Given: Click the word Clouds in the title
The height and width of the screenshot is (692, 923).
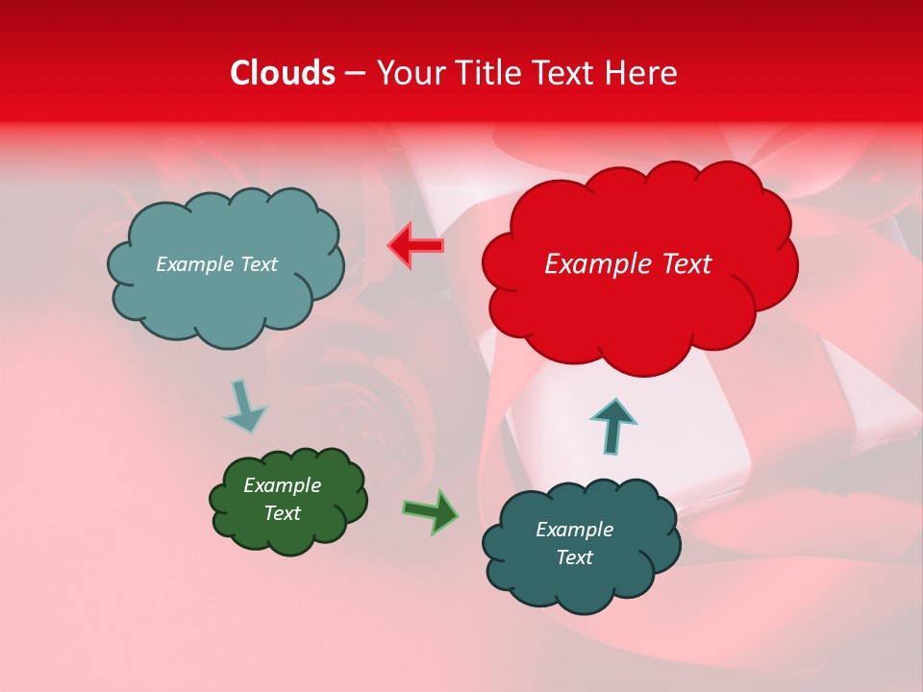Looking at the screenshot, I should pyautogui.click(x=283, y=73).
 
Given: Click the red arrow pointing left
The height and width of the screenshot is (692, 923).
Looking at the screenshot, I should pyautogui.click(x=416, y=245).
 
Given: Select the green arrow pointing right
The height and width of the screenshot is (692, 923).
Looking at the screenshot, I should pyautogui.click(x=431, y=511).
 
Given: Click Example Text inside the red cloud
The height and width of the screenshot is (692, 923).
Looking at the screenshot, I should pyautogui.click(x=628, y=264).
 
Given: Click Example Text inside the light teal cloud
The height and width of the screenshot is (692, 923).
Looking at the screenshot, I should pyautogui.click(x=216, y=264).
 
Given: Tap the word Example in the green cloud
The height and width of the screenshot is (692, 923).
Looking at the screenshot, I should pyautogui.click(x=282, y=485).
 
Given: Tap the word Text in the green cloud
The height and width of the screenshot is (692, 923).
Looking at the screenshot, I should pyautogui.click(x=282, y=513).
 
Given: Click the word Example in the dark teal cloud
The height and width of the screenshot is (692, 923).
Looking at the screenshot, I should pyautogui.click(x=574, y=530).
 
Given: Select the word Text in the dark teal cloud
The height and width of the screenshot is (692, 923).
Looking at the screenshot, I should pyautogui.click(x=574, y=557).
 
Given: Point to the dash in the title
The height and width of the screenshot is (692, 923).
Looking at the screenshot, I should pyautogui.click(x=355, y=74).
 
